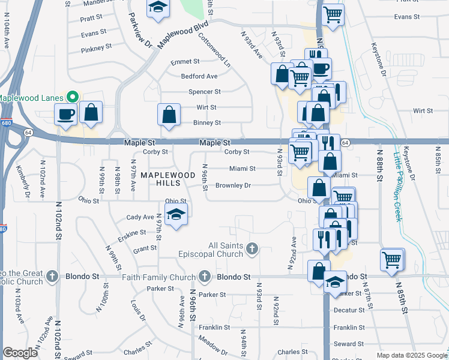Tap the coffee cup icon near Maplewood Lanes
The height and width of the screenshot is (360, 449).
pos(65,113)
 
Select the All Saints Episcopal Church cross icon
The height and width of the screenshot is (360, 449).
pos(253,248)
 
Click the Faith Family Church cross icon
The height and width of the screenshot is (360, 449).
pos(205,277)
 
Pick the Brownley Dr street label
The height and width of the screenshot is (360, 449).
pos(233,185)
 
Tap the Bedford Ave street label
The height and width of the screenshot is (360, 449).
pos(199,77)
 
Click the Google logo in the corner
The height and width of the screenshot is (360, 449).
pos(20,353)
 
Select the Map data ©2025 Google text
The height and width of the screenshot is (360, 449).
pos(412,355)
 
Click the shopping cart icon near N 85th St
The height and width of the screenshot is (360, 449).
pos(392,260)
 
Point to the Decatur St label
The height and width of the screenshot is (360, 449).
pos(349,310)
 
